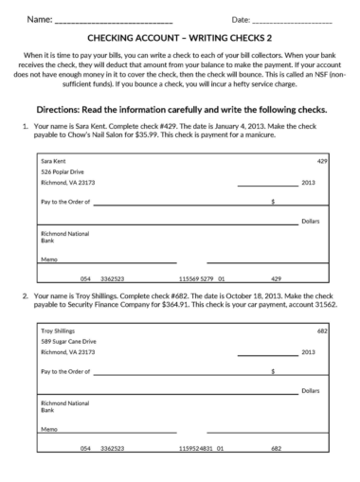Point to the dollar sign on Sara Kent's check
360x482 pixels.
(x=272, y=202)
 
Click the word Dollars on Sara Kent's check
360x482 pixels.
(x=310, y=221)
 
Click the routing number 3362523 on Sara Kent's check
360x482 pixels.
(x=113, y=279)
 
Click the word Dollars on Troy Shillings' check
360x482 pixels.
(x=310, y=389)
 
